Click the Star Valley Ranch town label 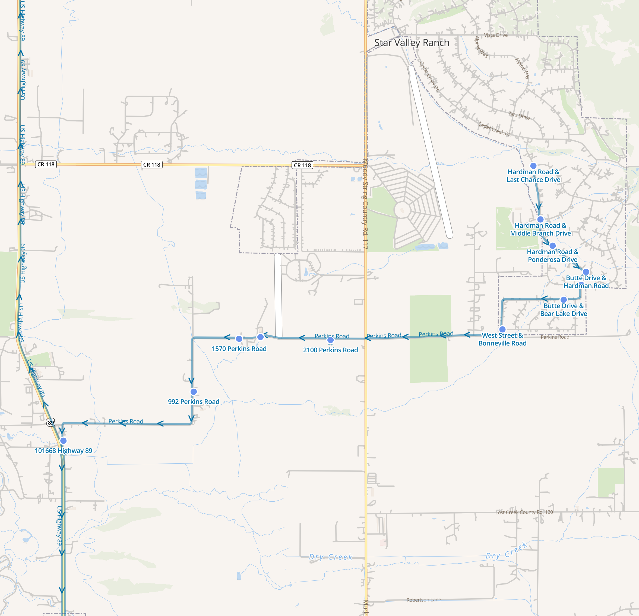pyautogui.click(x=412, y=43)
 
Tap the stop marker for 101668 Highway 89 pyautogui.click(x=63, y=441)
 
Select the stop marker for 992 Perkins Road pyautogui.click(x=194, y=392)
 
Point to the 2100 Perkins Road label pyautogui.click(x=330, y=350)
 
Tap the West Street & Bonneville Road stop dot pyautogui.click(x=502, y=329)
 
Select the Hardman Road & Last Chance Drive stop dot pyautogui.click(x=533, y=166)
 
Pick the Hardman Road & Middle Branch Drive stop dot pyautogui.click(x=540, y=219)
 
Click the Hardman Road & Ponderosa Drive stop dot pyautogui.click(x=552, y=245)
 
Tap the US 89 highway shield pyautogui.click(x=51, y=423)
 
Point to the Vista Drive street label pyautogui.click(x=496, y=35)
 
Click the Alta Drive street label pyautogui.click(x=519, y=115)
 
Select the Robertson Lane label pyautogui.click(x=423, y=600)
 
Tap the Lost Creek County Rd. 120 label pyautogui.click(x=524, y=512)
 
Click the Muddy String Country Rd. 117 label pyautogui.click(x=365, y=204)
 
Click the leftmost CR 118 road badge pyautogui.click(x=46, y=164)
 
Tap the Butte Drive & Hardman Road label pyautogui.click(x=586, y=282)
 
